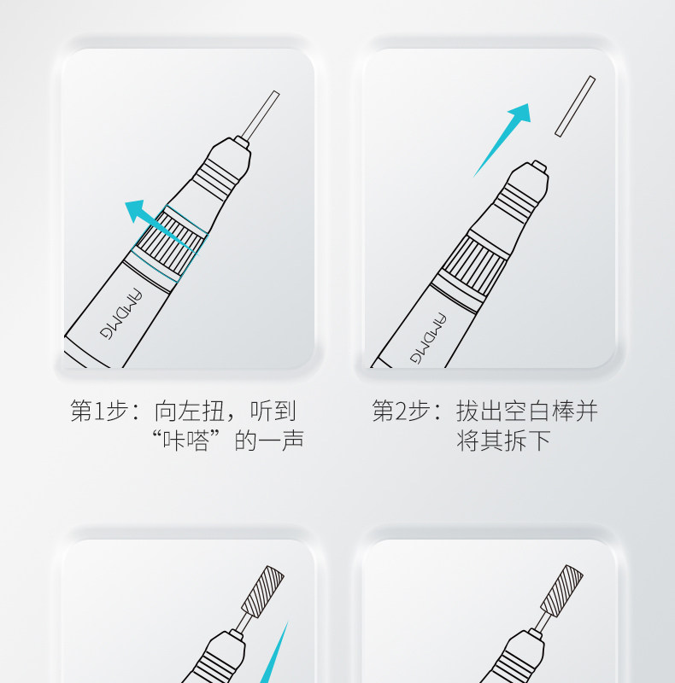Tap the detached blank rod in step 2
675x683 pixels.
(x=575, y=106)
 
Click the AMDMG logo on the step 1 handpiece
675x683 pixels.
(x=120, y=314)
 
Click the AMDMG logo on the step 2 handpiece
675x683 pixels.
(x=428, y=338)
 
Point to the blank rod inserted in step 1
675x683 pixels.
(x=261, y=114)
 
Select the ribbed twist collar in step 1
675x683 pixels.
(x=169, y=242)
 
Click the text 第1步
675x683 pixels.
(x=99, y=411)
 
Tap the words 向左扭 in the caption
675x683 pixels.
(x=190, y=411)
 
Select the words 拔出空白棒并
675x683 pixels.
(x=526, y=411)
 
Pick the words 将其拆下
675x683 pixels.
(x=503, y=440)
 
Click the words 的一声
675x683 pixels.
(x=269, y=440)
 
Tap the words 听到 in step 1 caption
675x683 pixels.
(x=273, y=411)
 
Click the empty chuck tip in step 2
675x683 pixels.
(x=540, y=166)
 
